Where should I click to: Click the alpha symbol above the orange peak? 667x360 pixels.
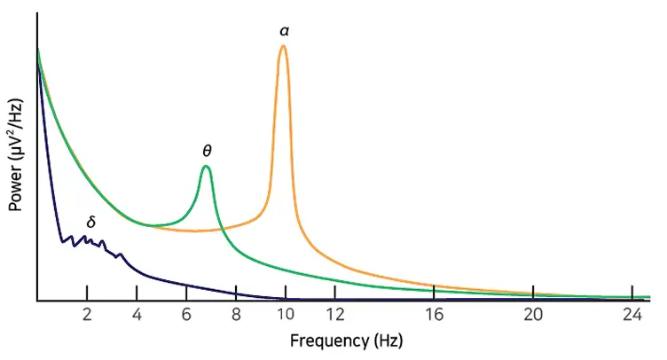tap(284, 31)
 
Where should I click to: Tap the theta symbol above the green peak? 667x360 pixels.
tap(207, 151)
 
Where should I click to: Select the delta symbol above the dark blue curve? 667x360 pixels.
tap(90, 222)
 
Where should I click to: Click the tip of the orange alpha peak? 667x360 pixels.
tap(283, 46)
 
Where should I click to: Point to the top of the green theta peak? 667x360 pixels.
tap(206, 167)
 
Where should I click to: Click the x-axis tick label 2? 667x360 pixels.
tap(87, 315)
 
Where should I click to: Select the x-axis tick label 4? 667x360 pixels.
tap(137, 315)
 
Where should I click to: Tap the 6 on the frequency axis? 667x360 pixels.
tap(186, 315)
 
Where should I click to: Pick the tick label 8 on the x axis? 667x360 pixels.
tap(236, 315)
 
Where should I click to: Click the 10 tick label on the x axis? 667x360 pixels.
tap(286, 315)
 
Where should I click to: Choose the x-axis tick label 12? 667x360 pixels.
tap(335, 315)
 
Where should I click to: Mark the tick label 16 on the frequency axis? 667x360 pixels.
tap(434, 315)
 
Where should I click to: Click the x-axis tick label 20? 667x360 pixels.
tap(532, 315)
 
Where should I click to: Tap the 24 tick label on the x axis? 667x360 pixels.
tap(631, 315)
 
